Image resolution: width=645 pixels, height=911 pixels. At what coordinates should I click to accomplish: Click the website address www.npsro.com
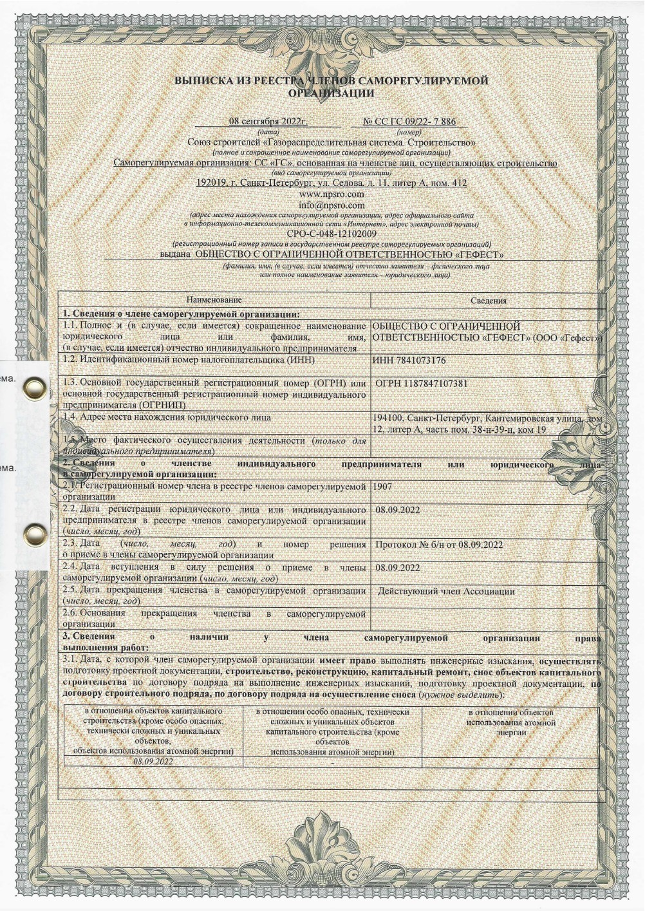332,194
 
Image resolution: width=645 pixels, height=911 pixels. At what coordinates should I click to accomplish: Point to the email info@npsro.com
332,205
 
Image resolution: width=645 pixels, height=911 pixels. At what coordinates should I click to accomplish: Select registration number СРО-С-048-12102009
332,234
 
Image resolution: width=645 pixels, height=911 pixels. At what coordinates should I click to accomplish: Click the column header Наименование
214,300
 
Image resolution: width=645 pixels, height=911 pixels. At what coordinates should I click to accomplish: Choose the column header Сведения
488,300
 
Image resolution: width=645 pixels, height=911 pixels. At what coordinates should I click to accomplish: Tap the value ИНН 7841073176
409,360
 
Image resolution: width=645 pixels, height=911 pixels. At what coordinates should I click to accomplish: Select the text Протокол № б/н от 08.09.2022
438,545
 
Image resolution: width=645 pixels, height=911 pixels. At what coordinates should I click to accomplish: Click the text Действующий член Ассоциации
446,591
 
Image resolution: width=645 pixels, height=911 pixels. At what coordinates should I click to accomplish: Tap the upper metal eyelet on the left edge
30,388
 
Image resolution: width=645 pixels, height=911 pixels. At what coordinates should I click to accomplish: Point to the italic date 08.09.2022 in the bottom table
153,761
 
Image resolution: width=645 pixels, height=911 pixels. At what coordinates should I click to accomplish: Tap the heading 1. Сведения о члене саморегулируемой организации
181,314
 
